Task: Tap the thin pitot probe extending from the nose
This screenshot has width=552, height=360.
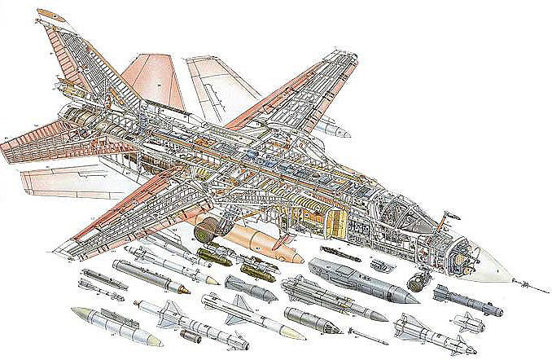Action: tap(533, 288)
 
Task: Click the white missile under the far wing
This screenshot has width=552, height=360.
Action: tap(334, 128)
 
